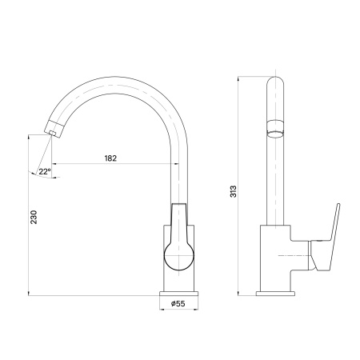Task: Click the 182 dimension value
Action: [x=110, y=158]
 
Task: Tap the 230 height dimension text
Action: [x=34, y=217]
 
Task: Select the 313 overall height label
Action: [x=233, y=191]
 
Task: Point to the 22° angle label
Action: [x=45, y=171]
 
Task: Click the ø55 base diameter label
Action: [x=178, y=303]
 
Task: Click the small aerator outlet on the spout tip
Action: [x=53, y=134]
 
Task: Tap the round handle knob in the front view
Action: [x=179, y=256]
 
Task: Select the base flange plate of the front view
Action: [x=179, y=294]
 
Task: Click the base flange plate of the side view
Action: [x=275, y=294]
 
